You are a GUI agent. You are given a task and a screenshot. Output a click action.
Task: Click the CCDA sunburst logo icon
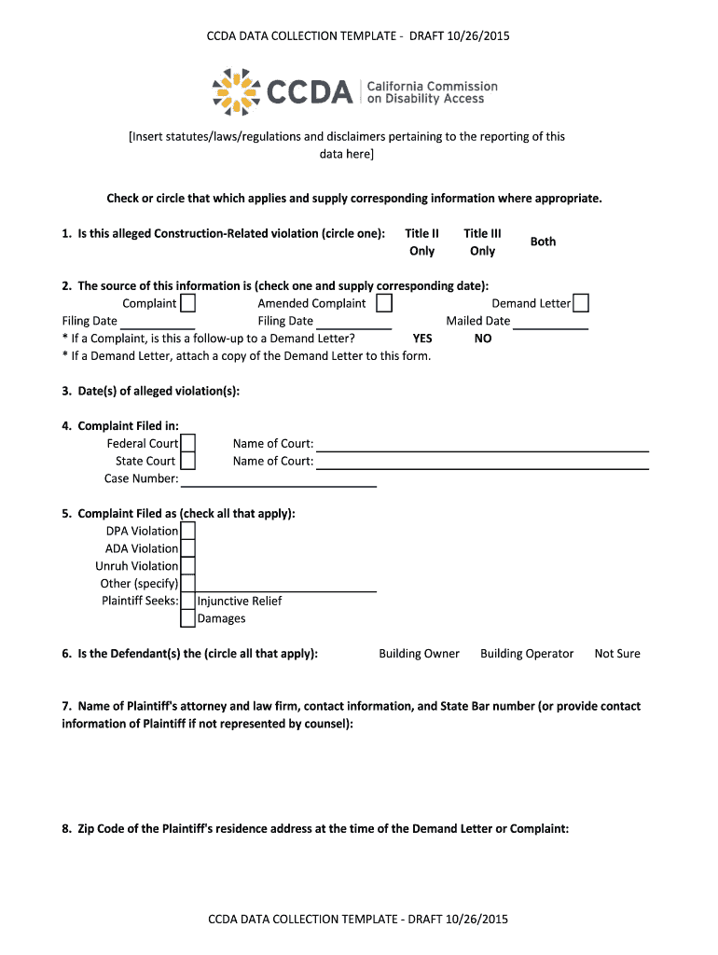(x=237, y=91)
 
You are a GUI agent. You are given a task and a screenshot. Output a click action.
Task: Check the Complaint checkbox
(x=187, y=303)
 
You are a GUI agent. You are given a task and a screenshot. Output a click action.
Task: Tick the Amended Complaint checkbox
(x=383, y=303)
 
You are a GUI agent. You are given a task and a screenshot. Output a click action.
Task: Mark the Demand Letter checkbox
(x=581, y=303)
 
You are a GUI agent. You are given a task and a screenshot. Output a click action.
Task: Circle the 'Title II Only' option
(x=422, y=242)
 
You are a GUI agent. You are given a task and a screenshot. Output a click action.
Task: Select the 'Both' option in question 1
(x=543, y=242)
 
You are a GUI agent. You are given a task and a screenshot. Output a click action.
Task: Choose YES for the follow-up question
(x=422, y=339)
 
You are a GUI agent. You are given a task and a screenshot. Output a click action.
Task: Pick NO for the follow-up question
(x=482, y=339)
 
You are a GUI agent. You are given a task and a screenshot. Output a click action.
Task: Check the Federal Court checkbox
(x=187, y=443)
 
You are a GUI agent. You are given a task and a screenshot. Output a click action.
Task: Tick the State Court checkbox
(x=187, y=461)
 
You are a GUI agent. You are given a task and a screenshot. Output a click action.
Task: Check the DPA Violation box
(x=187, y=531)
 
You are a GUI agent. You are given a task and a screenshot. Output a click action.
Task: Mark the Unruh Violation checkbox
(x=187, y=566)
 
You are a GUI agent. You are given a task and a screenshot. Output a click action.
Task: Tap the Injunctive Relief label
(x=240, y=602)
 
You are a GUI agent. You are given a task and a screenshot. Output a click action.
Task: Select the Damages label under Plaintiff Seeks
(x=222, y=618)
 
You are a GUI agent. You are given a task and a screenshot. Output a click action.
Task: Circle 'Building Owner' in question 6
(x=419, y=654)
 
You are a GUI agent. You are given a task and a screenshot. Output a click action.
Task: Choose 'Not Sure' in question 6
(x=617, y=654)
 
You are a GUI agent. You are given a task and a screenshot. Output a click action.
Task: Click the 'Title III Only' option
(x=482, y=242)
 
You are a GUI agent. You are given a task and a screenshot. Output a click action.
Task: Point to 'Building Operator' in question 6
(x=527, y=654)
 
